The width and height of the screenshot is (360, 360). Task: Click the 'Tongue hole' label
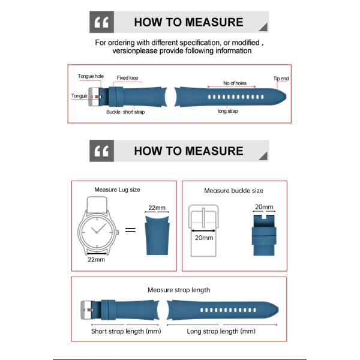91,76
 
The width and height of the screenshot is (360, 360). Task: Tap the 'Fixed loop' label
127,78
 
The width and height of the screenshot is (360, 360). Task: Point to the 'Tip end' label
281,79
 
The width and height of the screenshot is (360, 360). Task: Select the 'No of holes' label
235,83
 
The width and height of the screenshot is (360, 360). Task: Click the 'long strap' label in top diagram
228,111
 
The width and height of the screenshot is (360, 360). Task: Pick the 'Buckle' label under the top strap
113,112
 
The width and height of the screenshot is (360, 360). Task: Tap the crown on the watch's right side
118,232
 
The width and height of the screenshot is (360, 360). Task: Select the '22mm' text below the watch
96,260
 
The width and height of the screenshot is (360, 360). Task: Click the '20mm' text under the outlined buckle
204,238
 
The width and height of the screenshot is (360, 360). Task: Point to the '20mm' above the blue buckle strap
264,207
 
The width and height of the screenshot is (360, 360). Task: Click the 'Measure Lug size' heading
118,190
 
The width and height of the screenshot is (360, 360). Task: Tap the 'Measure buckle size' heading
233,191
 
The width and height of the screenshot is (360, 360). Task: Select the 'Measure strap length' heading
179,290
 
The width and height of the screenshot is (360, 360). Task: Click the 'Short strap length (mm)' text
126,331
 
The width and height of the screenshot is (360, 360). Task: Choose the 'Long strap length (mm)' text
221,331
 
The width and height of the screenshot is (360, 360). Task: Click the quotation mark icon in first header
101,22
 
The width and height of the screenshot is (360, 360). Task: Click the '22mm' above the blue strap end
157,208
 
